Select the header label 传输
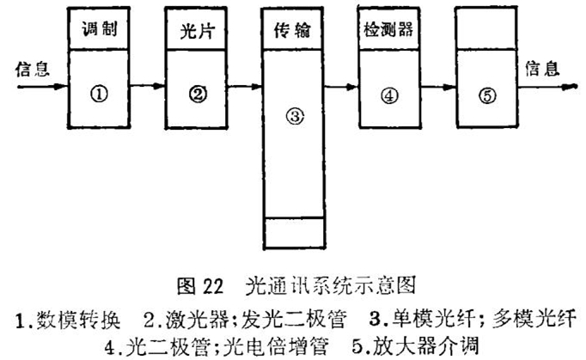(295, 32)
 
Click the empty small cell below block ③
(295, 234)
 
